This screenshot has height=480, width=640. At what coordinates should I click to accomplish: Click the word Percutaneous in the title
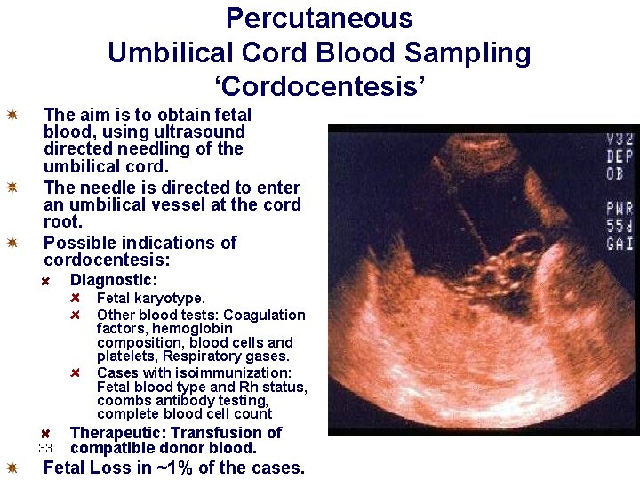click(319, 18)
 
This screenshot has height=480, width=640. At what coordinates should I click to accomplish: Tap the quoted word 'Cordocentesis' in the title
click(319, 87)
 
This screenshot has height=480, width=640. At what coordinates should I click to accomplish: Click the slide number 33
click(47, 448)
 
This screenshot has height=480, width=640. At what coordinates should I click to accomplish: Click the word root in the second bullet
click(62, 222)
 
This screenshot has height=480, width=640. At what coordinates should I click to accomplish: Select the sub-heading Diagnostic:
click(114, 280)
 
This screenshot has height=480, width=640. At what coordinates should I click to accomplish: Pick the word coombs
click(122, 401)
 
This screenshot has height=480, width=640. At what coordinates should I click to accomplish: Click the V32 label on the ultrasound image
click(619, 139)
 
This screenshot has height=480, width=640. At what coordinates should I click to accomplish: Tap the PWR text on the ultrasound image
click(619, 209)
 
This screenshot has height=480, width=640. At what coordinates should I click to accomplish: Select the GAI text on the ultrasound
click(619, 243)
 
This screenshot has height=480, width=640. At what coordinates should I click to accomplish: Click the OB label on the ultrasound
click(614, 172)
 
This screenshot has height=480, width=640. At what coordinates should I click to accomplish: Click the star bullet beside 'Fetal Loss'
click(12, 468)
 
